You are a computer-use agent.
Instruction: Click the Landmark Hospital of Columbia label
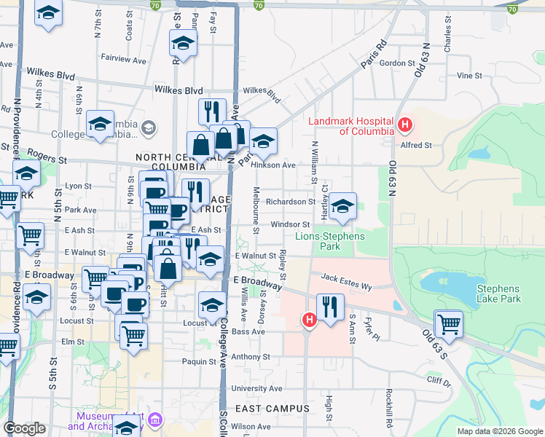coord(350,126)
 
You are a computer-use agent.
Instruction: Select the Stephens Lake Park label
coord(499,294)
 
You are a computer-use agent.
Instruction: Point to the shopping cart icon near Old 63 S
coord(448,324)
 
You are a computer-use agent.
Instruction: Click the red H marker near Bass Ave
coord(310,319)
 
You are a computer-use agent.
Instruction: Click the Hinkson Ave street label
coord(272,165)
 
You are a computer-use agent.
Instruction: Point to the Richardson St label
coord(290,202)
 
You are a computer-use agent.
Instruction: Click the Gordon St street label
coord(396,63)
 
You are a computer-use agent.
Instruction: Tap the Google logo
coord(24,428)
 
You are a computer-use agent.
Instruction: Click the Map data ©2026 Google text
coord(500,431)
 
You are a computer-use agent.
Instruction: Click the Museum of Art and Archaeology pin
coord(157,420)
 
